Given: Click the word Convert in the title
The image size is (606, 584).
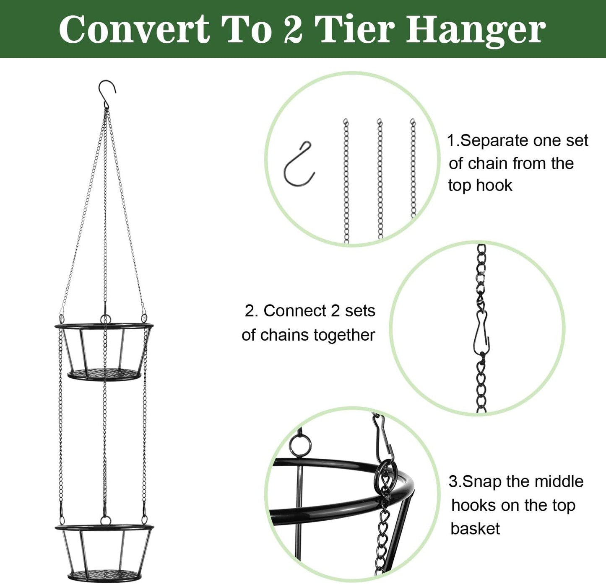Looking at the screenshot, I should click(134, 29).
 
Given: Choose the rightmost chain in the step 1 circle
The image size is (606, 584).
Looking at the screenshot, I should click(413, 168).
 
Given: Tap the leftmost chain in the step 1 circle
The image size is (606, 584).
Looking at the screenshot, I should click(346, 180).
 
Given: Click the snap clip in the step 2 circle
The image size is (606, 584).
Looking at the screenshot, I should click(481, 333).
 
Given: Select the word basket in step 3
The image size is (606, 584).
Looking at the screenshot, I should click(475, 529).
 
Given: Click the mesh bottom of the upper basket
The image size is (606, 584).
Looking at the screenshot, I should click(104, 374).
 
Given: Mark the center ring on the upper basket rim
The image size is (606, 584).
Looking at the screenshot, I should click(105, 320).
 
